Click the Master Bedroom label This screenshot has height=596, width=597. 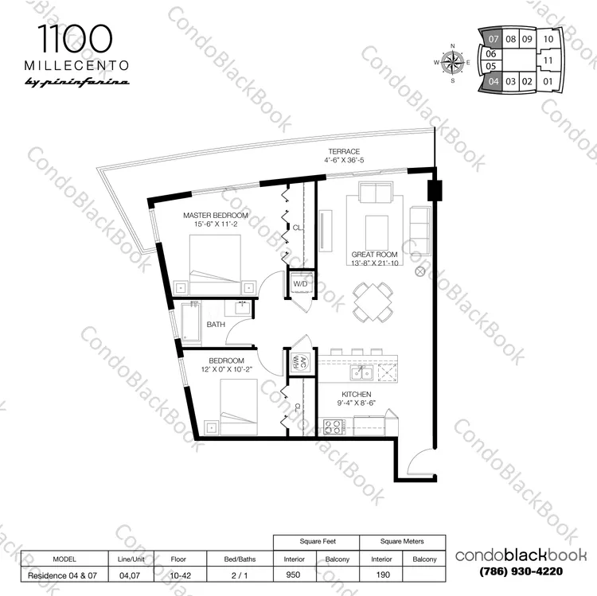point(216,216)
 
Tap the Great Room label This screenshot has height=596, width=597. point(374,254)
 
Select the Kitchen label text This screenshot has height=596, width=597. point(357,395)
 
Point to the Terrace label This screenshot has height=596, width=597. point(344,151)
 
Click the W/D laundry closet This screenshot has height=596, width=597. point(300,284)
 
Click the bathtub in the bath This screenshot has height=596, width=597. point(190,322)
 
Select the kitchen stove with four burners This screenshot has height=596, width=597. point(334,427)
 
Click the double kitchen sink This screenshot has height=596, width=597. point(361,373)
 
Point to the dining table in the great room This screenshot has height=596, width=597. point(373,302)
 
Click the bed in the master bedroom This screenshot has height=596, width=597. point(215,265)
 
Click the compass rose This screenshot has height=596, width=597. point(453,62)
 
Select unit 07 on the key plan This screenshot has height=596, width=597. point(493,39)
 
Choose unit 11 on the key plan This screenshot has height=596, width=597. point(548,60)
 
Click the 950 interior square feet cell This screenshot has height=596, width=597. point(293,575)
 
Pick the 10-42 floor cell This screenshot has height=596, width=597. point(180,575)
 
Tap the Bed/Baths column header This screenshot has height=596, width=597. point(240,559)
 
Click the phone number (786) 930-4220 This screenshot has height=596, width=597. point(521,571)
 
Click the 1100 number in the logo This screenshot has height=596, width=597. point(75,39)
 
